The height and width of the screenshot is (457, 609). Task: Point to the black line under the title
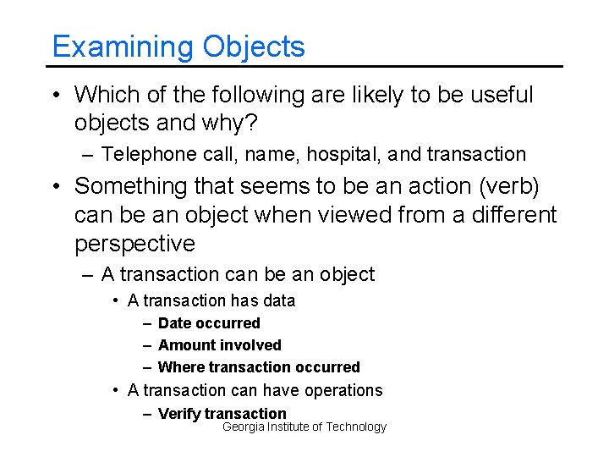pyautogui.click(x=304, y=66)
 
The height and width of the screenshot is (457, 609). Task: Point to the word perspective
pyautogui.click(x=134, y=244)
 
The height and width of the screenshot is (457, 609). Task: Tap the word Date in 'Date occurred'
pyautogui.click(x=174, y=323)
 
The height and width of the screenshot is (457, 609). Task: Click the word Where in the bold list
pyautogui.click(x=181, y=367)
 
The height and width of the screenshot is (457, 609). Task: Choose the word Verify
pyautogui.click(x=179, y=413)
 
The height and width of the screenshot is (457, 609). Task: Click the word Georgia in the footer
pyautogui.click(x=243, y=427)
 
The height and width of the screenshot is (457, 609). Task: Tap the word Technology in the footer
pyautogui.click(x=356, y=427)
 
